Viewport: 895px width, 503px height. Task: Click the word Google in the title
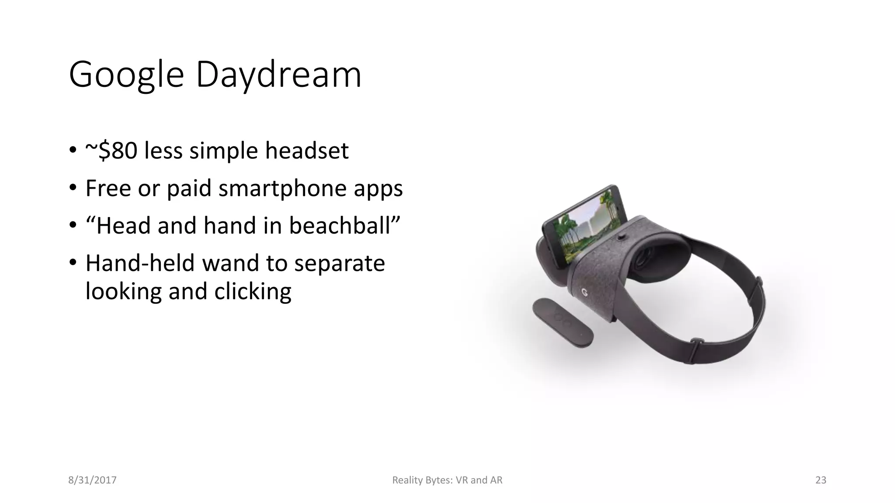(x=126, y=75)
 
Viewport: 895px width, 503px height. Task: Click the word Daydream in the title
(x=278, y=75)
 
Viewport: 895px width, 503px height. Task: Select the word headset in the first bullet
(x=307, y=151)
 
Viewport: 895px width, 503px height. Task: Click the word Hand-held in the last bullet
(x=140, y=263)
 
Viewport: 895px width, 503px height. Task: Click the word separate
(x=339, y=263)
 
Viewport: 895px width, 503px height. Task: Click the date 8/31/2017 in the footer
(x=92, y=480)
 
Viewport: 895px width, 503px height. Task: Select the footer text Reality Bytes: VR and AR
(x=447, y=480)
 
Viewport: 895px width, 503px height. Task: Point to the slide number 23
(x=821, y=480)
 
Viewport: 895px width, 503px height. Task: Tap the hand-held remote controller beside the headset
(x=562, y=322)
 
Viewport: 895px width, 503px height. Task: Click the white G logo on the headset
(x=584, y=292)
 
